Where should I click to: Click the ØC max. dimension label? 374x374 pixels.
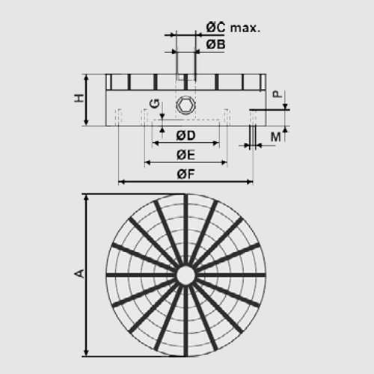[x=233, y=28]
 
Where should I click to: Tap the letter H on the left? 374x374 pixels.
[x=78, y=99]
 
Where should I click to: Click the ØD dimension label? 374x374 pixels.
[x=186, y=135]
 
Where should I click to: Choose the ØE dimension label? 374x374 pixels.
[x=186, y=155]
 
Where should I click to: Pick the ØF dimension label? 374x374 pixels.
[x=186, y=174]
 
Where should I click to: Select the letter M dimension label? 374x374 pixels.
[x=275, y=136]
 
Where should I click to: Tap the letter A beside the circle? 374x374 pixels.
[x=79, y=275]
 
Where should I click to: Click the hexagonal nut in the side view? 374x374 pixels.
[x=185, y=105]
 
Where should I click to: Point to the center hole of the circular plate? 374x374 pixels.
[x=185, y=275]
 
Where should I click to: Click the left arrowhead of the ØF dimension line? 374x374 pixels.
[x=122, y=181]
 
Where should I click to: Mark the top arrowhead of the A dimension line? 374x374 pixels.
[x=88, y=197]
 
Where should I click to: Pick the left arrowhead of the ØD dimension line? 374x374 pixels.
[x=156, y=143]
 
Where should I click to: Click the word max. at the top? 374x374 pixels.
[x=245, y=28]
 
